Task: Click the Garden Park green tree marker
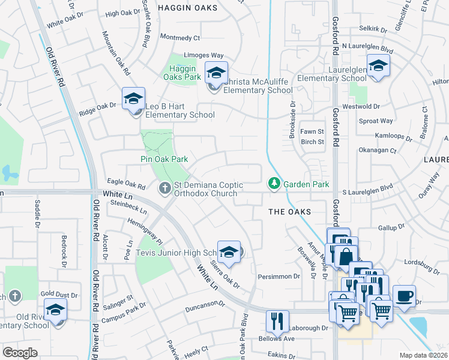coord(274,182)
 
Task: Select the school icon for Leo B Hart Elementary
coord(133,98)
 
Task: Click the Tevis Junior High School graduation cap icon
coord(229,252)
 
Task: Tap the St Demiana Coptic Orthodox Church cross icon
coord(164,188)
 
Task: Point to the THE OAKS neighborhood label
coord(289,212)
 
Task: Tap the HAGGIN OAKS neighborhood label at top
coord(182,7)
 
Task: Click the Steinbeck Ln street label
coord(129,207)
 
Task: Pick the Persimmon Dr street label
coord(279,276)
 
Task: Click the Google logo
coord(20,352)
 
